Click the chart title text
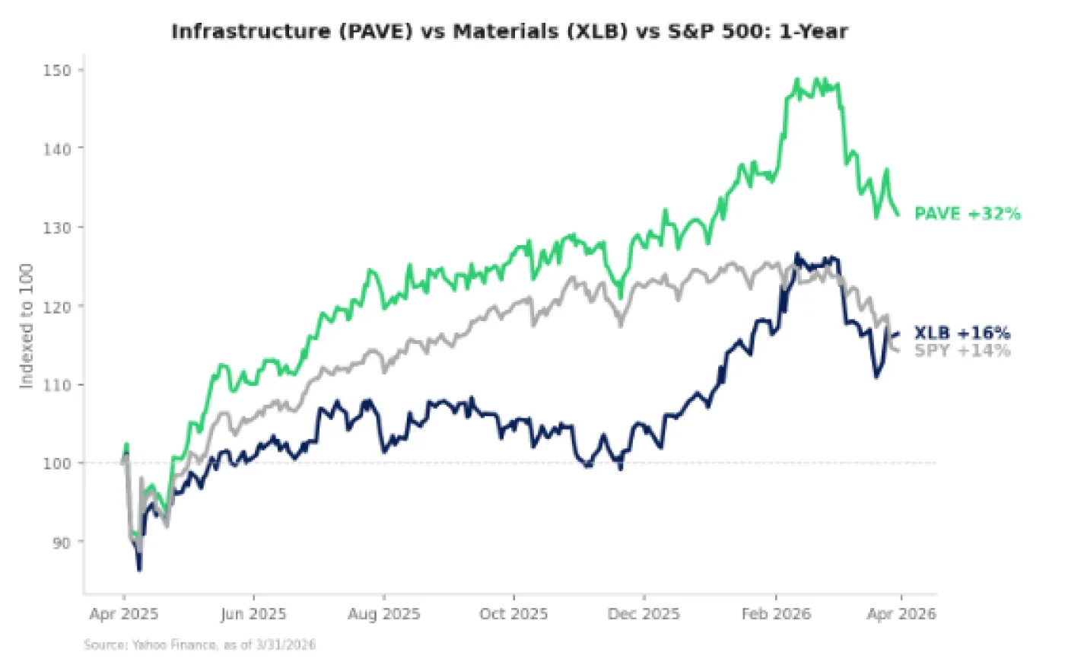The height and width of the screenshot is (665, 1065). click(x=509, y=31)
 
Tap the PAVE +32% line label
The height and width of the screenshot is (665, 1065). click(x=967, y=214)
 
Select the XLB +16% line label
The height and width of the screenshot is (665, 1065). click(x=962, y=333)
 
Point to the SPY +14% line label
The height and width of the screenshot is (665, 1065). click(x=962, y=351)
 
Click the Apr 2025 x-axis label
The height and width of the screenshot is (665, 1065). click(x=123, y=614)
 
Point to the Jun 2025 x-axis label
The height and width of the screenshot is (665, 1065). click(x=253, y=614)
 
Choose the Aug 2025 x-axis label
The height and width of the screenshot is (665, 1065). click(x=383, y=614)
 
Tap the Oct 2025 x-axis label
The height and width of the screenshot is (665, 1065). click(x=514, y=614)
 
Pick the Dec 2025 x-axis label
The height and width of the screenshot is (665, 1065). click(x=644, y=614)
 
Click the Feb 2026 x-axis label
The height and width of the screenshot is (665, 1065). click(x=776, y=614)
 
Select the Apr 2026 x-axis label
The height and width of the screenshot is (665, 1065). click(x=901, y=614)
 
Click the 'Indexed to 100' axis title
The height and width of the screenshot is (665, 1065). click(x=27, y=326)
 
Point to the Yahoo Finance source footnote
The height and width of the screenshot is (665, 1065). click(x=199, y=645)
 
